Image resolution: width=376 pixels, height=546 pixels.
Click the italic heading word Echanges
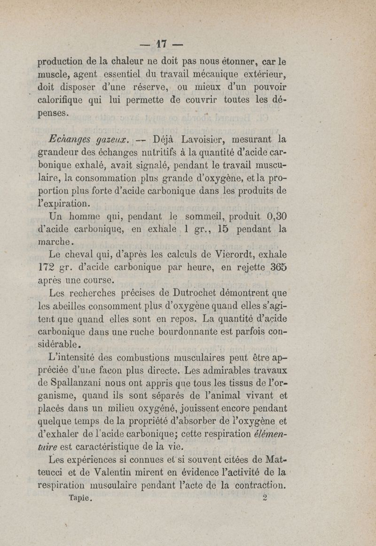click(x=69, y=139)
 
